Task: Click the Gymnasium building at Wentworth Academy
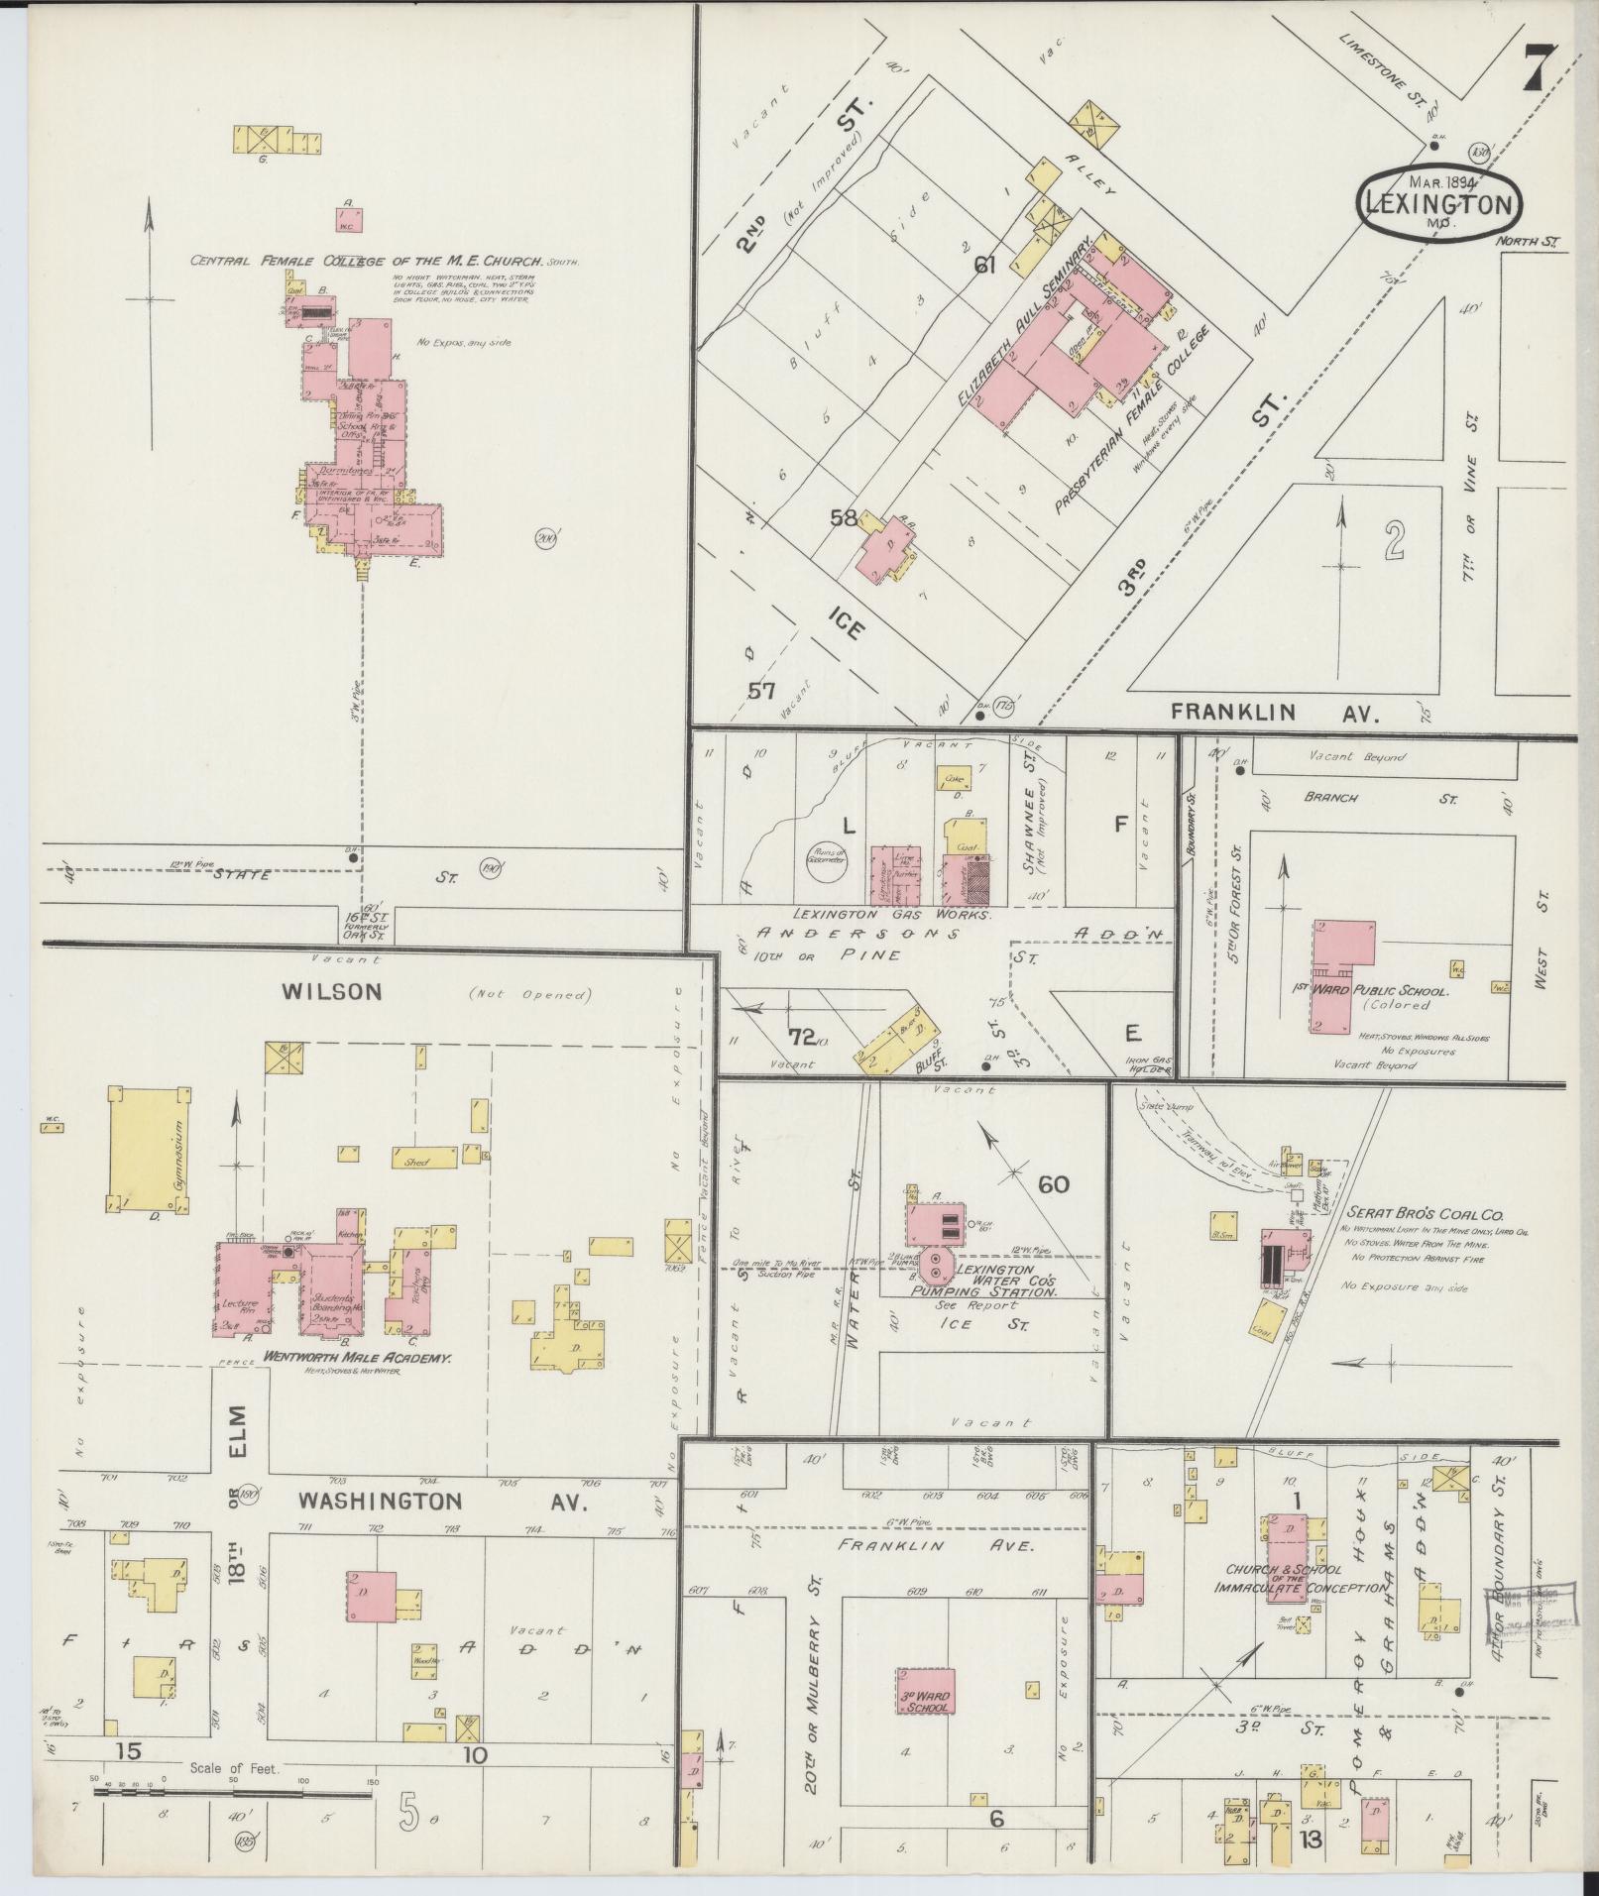coord(147,1149)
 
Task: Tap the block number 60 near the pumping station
coord(1053,1183)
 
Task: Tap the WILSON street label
coord(332,992)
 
